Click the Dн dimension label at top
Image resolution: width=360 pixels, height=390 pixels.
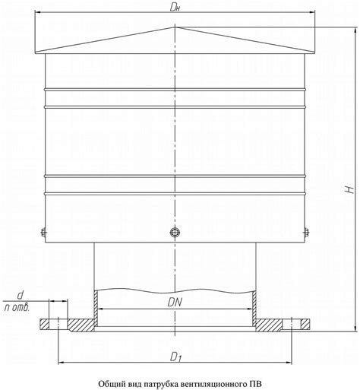(175, 8)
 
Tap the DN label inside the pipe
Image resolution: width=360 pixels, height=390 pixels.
(175, 303)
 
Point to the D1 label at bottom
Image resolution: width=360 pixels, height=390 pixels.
(176, 357)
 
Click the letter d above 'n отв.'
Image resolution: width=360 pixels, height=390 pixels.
(20, 296)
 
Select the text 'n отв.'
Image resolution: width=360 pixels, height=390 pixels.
(17, 307)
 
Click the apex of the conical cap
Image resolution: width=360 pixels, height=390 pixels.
(175, 27)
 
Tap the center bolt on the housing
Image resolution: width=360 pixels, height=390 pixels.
(175, 232)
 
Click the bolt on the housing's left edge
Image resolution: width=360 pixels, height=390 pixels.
(43, 233)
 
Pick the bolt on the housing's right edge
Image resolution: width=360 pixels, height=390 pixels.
(307, 233)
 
